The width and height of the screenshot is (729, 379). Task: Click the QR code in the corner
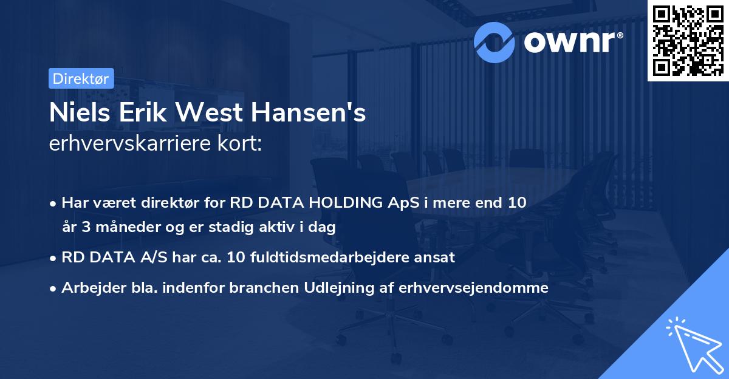click(688, 40)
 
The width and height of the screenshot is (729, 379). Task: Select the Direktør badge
click(81, 78)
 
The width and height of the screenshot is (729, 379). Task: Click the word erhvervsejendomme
click(474, 288)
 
